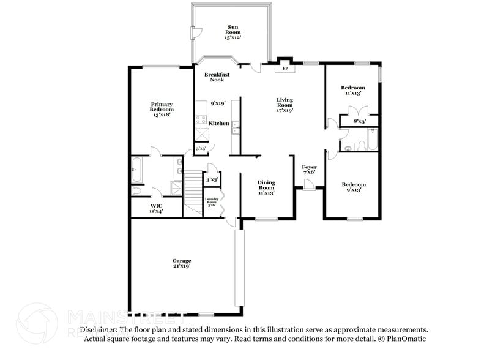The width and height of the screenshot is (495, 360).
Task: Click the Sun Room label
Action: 233,32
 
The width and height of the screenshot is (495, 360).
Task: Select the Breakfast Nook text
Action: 217,77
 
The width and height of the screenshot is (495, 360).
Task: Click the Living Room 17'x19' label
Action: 285,105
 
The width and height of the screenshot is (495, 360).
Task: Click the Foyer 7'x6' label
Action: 309,170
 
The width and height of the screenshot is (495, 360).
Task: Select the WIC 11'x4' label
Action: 156,209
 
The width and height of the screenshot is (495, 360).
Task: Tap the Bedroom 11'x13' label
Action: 352,91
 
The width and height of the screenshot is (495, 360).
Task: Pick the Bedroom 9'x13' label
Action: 353,187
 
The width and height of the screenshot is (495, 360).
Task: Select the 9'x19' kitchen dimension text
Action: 218,103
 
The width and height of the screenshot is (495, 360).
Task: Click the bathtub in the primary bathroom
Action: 137,170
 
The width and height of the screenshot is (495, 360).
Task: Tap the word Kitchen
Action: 219,123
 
